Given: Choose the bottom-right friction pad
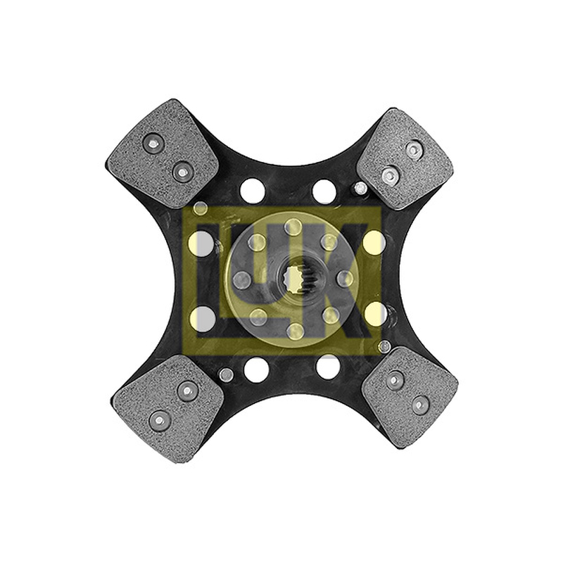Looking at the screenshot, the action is (x=410, y=398).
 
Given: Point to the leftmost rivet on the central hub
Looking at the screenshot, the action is (x=241, y=279).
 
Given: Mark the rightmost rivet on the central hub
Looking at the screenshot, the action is (x=346, y=279).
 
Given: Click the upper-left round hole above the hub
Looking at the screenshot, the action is (x=253, y=190).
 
